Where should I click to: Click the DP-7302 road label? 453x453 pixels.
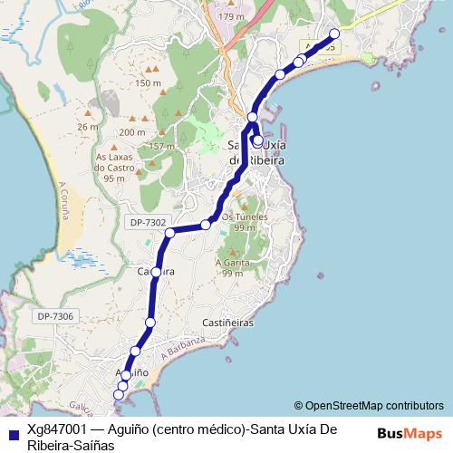click(x=149, y=221)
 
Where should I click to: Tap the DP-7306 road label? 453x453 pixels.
click(x=55, y=315)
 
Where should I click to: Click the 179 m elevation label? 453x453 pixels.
click(x=232, y=17)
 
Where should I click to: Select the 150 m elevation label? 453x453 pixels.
click(x=148, y=83)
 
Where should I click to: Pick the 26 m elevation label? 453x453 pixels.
click(x=88, y=127)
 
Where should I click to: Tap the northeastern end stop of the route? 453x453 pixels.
click(x=334, y=34)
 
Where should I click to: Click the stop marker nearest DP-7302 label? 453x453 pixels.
click(x=169, y=233)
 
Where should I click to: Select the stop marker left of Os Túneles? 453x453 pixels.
click(x=207, y=224)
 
